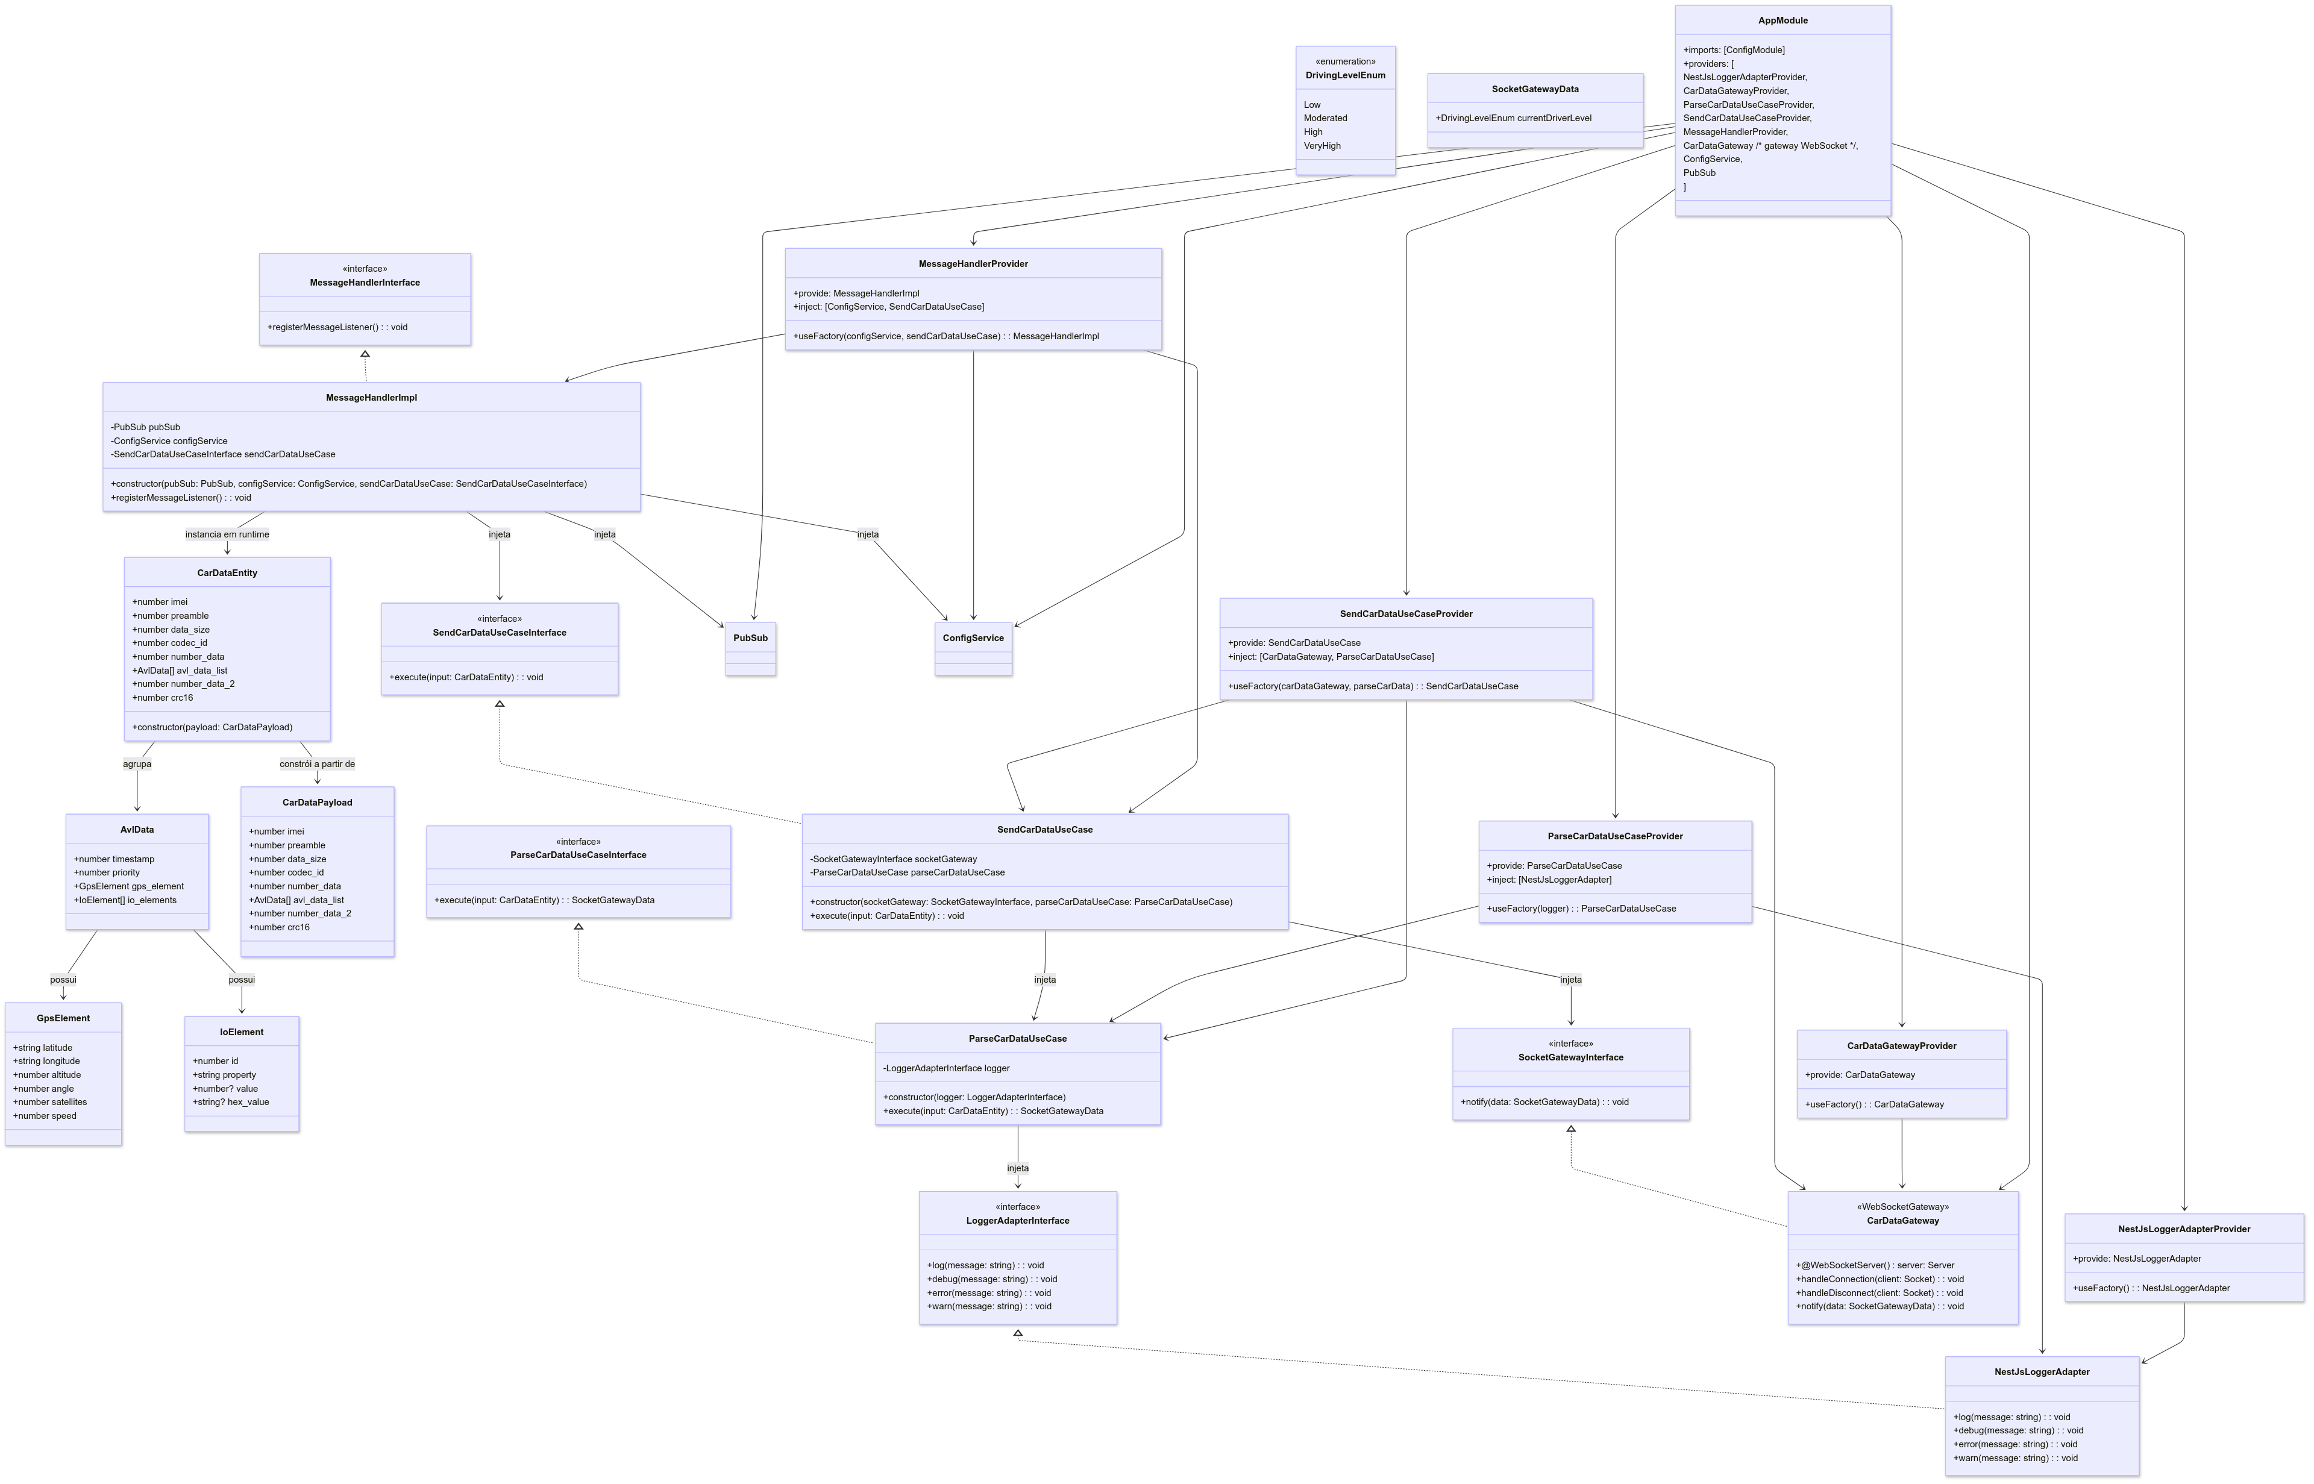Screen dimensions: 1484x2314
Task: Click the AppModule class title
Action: pyautogui.click(x=1782, y=20)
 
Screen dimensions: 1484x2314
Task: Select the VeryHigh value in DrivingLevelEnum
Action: pyautogui.click(x=1322, y=146)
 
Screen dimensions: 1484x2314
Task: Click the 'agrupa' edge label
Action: pyautogui.click(x=137, y=764)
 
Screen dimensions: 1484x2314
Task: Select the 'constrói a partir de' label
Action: pyautogui.click(x=317, y=764)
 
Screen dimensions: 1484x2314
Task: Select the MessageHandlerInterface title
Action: pyautogui.click(x=365, y=283)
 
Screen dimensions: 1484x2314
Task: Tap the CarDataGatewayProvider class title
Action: pyautogui.click(x=1901, y=1045)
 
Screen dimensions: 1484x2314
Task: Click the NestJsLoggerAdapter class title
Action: pyautogui.click(x=2041, y=1372)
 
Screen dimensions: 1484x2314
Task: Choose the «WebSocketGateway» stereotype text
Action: pyautogui.click(x=1901, y=1206)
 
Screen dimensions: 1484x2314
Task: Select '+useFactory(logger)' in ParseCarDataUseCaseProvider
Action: pyautogui.click(x=1581, y=909)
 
